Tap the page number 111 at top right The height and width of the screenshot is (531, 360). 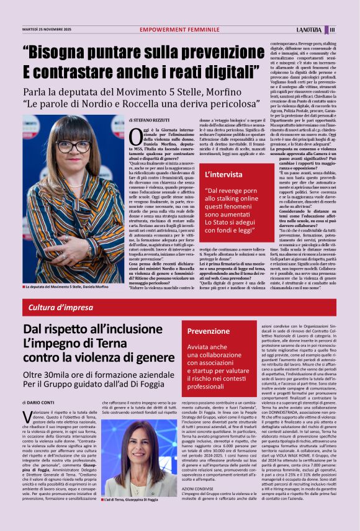pyautogui.click(x=333, y=29)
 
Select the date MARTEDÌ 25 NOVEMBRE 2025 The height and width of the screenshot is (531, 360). pyautogui.click(x=47, y=29)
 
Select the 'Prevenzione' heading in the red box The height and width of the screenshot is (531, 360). pyautogui.click(x=209, y=331)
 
